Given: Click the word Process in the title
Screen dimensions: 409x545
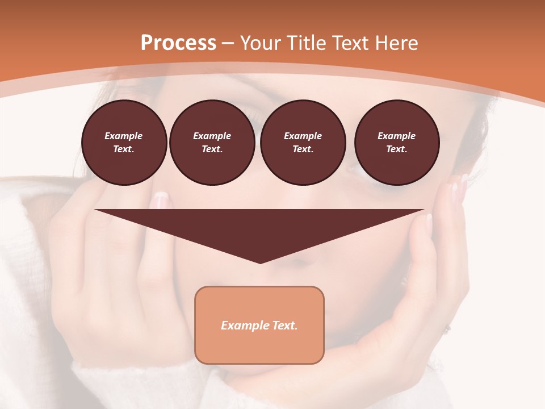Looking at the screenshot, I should pos(178,43).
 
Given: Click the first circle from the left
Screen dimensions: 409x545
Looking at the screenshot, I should pos(124,143).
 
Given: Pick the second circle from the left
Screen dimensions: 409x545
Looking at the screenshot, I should pos(212,143).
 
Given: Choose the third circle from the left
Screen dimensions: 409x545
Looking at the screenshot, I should pos(303,143).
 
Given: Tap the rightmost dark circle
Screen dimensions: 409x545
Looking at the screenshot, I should pos(396,143).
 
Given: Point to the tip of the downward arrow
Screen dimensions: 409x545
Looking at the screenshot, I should pos(260,262).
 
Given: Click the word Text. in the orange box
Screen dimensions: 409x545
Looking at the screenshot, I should pos(284,325).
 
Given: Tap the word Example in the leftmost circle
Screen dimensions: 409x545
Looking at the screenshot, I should pos(124,136).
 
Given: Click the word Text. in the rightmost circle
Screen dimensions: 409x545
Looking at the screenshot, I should pos(396,149).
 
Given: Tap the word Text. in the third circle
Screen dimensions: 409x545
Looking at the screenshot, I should pos(303,149).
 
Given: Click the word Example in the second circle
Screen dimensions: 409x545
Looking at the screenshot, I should pos(212,136).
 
